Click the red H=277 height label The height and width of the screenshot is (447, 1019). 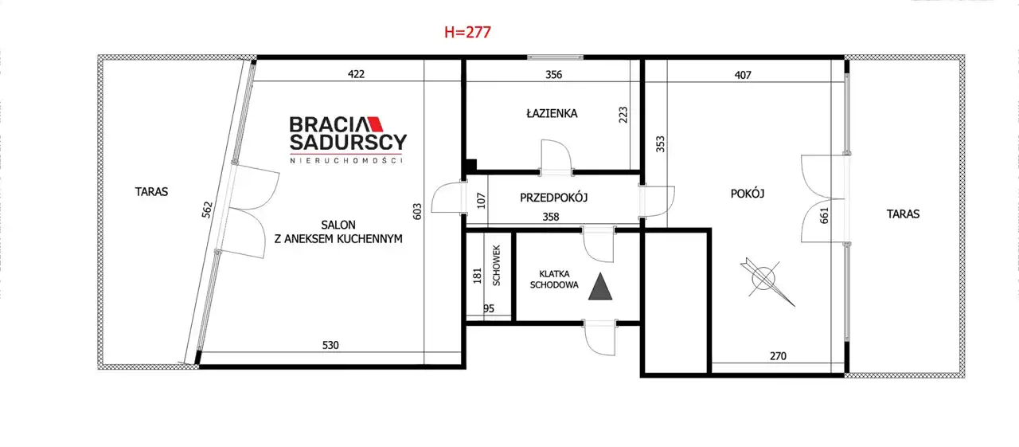467,33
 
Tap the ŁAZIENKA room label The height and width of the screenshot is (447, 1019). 552,113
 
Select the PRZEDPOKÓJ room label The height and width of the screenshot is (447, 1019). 553,198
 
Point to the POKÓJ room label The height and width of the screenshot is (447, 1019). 748,194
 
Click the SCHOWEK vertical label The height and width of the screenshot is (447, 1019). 496,266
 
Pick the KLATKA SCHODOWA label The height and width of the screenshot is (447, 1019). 554,279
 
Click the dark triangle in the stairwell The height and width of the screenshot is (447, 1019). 600,286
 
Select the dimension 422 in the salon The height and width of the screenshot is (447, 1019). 356,74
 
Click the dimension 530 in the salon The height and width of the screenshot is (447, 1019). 330,345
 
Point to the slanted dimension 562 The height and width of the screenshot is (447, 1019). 207,210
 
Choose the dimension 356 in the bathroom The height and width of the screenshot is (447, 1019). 553,74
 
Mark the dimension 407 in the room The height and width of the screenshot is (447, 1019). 743,75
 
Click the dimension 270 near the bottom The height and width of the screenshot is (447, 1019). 778,356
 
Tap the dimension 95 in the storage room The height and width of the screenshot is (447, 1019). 489,308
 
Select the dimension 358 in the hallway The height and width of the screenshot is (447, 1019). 550,217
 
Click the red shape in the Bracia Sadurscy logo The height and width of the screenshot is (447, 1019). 375,124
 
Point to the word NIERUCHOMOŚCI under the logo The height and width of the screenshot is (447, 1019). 346,161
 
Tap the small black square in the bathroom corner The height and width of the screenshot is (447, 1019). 471,165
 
